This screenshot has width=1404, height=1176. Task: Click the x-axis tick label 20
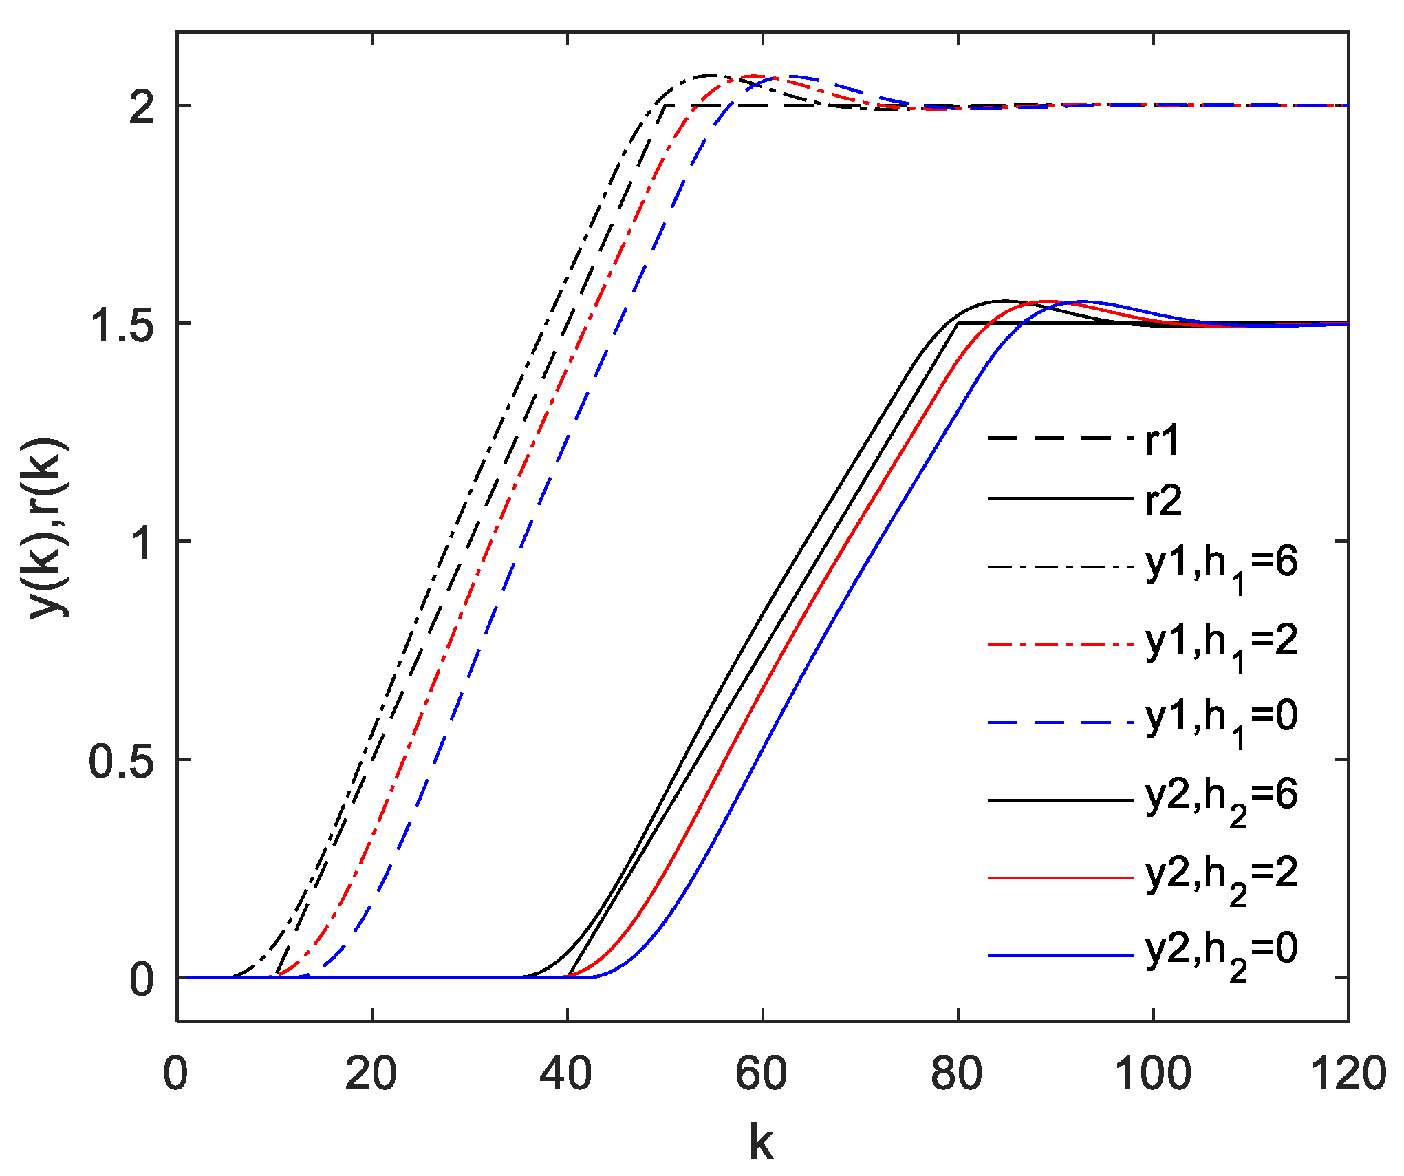(371, 1074)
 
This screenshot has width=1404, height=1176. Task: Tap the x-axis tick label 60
(762, 1074)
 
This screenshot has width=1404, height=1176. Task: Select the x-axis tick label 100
(1152, 1074)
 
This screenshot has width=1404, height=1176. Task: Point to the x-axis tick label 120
(1347, 1074)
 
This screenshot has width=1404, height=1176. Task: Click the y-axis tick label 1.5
(122, 324)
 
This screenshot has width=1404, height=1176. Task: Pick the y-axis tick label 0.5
(122, 760)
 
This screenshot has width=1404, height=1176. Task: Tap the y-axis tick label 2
(141, 107)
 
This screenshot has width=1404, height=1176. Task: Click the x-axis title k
(762, 1143)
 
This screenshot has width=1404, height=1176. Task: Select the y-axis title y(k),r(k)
(46, 528)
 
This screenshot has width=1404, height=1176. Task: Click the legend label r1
(1163, 440)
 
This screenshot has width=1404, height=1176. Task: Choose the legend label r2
(1163, 500)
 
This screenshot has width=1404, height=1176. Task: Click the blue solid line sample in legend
(1060, 955)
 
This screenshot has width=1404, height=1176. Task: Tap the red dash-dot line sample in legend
(1060, 645)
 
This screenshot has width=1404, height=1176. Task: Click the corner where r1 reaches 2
(665, 105)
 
